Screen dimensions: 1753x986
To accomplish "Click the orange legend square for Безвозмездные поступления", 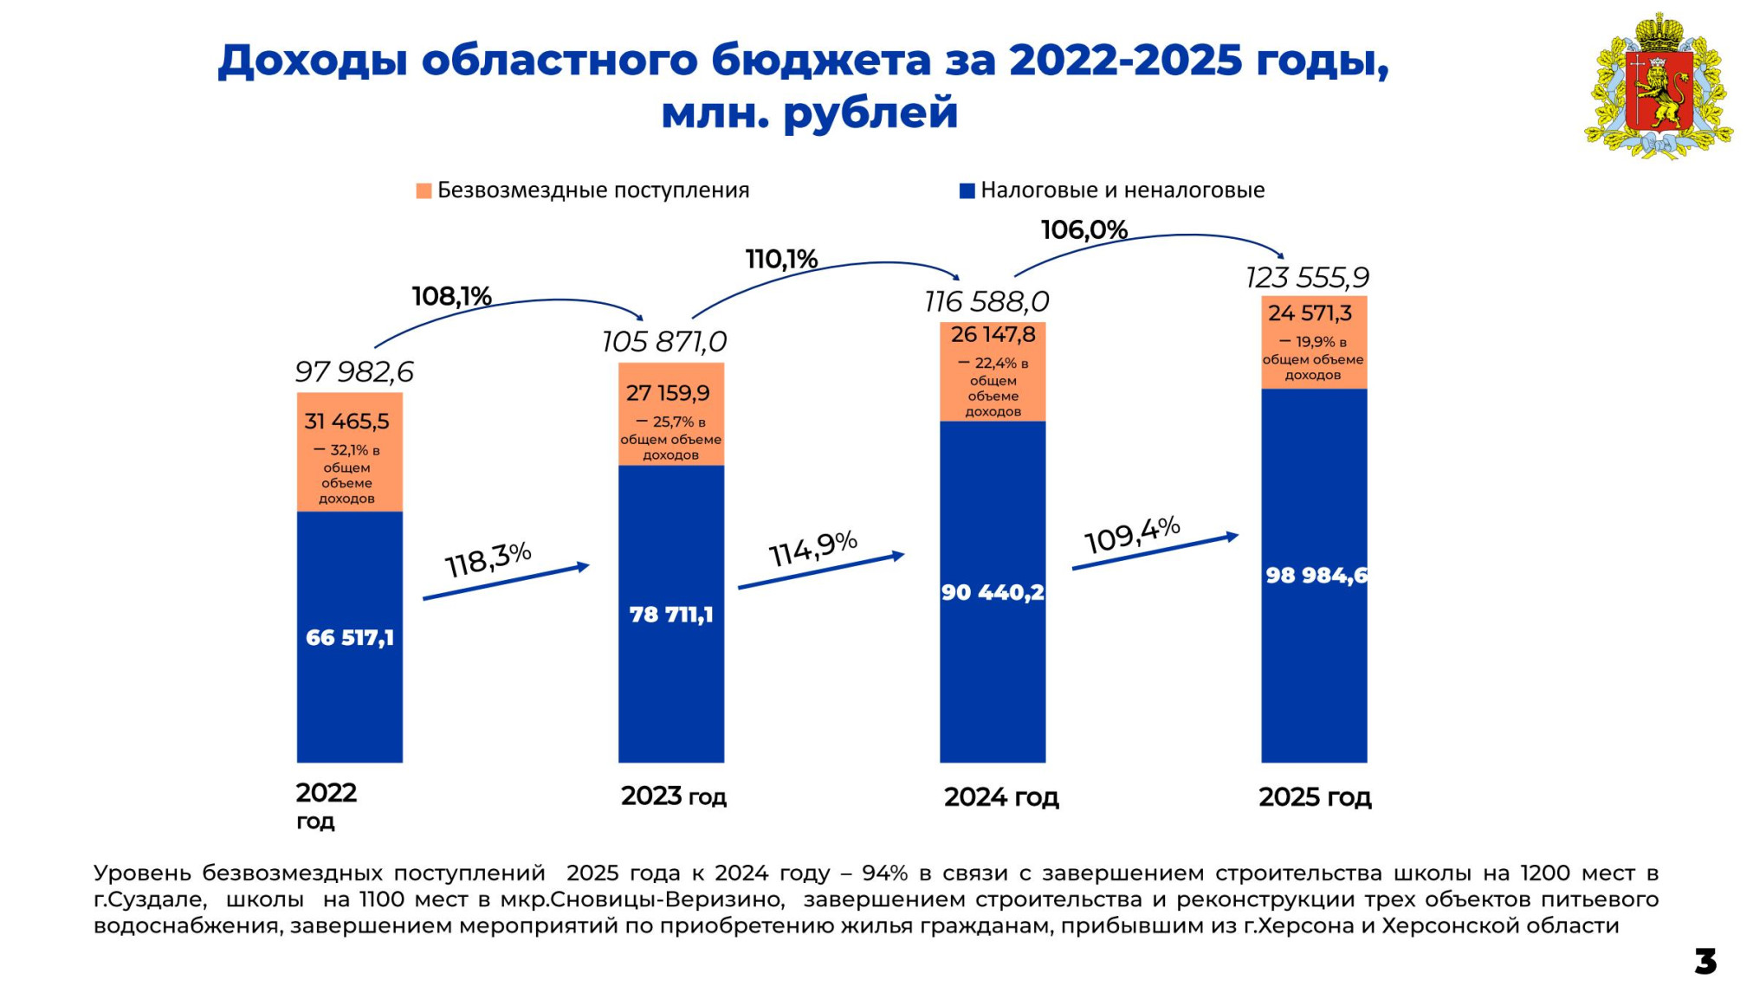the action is pyautogui.click(x=424, y=190).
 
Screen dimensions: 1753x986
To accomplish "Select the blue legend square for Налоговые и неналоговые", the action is pyautogui.click(x=967, y=190).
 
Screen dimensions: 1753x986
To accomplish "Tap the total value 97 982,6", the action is pyautogui.click(x=354, y=371).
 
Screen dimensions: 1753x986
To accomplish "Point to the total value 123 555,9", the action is pyautogui.click(x=1307, y=277).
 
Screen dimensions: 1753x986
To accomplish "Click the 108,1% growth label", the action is pyautogui.click(x=451, y=296).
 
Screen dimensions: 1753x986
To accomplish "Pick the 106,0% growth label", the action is pyautogui.click(x=1083, y=229).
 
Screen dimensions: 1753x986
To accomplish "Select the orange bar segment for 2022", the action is pyautogui.click(x=350, y=452).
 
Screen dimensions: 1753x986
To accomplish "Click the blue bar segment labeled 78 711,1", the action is pyautogui.click(x=671, y=614).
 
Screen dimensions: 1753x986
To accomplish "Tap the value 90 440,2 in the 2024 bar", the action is pyautogui.click(x=993, y=592).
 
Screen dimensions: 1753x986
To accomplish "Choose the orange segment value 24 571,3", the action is pyautogui.click(x=1310, y=313).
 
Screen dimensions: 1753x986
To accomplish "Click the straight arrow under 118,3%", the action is pyautogui.click(x=507, y=582).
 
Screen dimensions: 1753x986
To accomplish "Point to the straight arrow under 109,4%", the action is pyautogui.click(x=1155, y=551).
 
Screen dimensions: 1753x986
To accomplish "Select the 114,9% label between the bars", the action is pyautogui.click(x=812, y=548).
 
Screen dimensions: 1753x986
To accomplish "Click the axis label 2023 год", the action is pyautogui.click(x=674, y=796).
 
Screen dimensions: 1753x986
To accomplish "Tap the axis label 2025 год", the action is pyautogui.click(x=1315, y=796).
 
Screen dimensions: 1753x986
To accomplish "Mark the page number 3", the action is pyautogui.click(x=1705, y=961).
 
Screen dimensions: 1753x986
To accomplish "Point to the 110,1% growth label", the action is pyautogui.click(x=781, y=258).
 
